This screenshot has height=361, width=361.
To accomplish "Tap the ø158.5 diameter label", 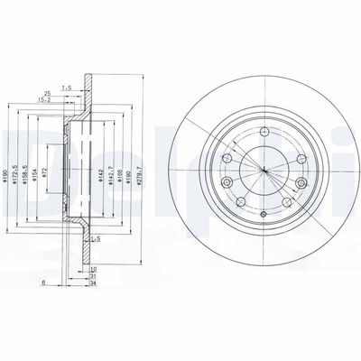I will click(x=39, y=169).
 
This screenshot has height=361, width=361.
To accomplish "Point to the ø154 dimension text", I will click(x=51, y=171).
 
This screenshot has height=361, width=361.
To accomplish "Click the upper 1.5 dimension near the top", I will click(x=67, y=87).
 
